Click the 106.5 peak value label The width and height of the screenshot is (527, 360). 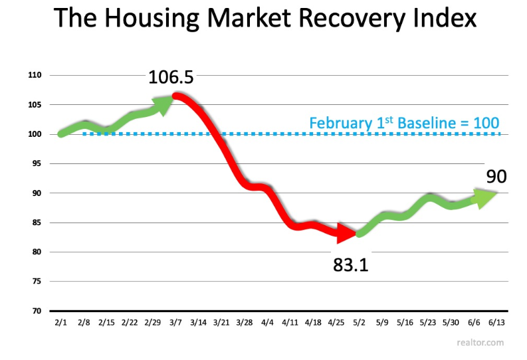(x=171, y=78)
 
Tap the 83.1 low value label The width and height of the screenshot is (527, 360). (x=350, y=266)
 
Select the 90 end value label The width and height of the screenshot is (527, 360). (x=496, y=176)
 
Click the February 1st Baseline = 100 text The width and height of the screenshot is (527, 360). (x=404, y=123)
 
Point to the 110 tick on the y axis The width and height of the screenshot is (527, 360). (x=35, y=76)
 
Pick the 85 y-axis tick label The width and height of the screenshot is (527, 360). (x=37, y=223)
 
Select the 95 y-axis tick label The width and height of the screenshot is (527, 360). (x=37, y=163)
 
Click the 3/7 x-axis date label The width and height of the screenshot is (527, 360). (x=177, y=322)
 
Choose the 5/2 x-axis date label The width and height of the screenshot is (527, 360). (x=360, y=322)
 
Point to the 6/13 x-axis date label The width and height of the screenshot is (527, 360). (x=496, y=322)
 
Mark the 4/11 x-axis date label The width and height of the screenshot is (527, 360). (x=290, y=322)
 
